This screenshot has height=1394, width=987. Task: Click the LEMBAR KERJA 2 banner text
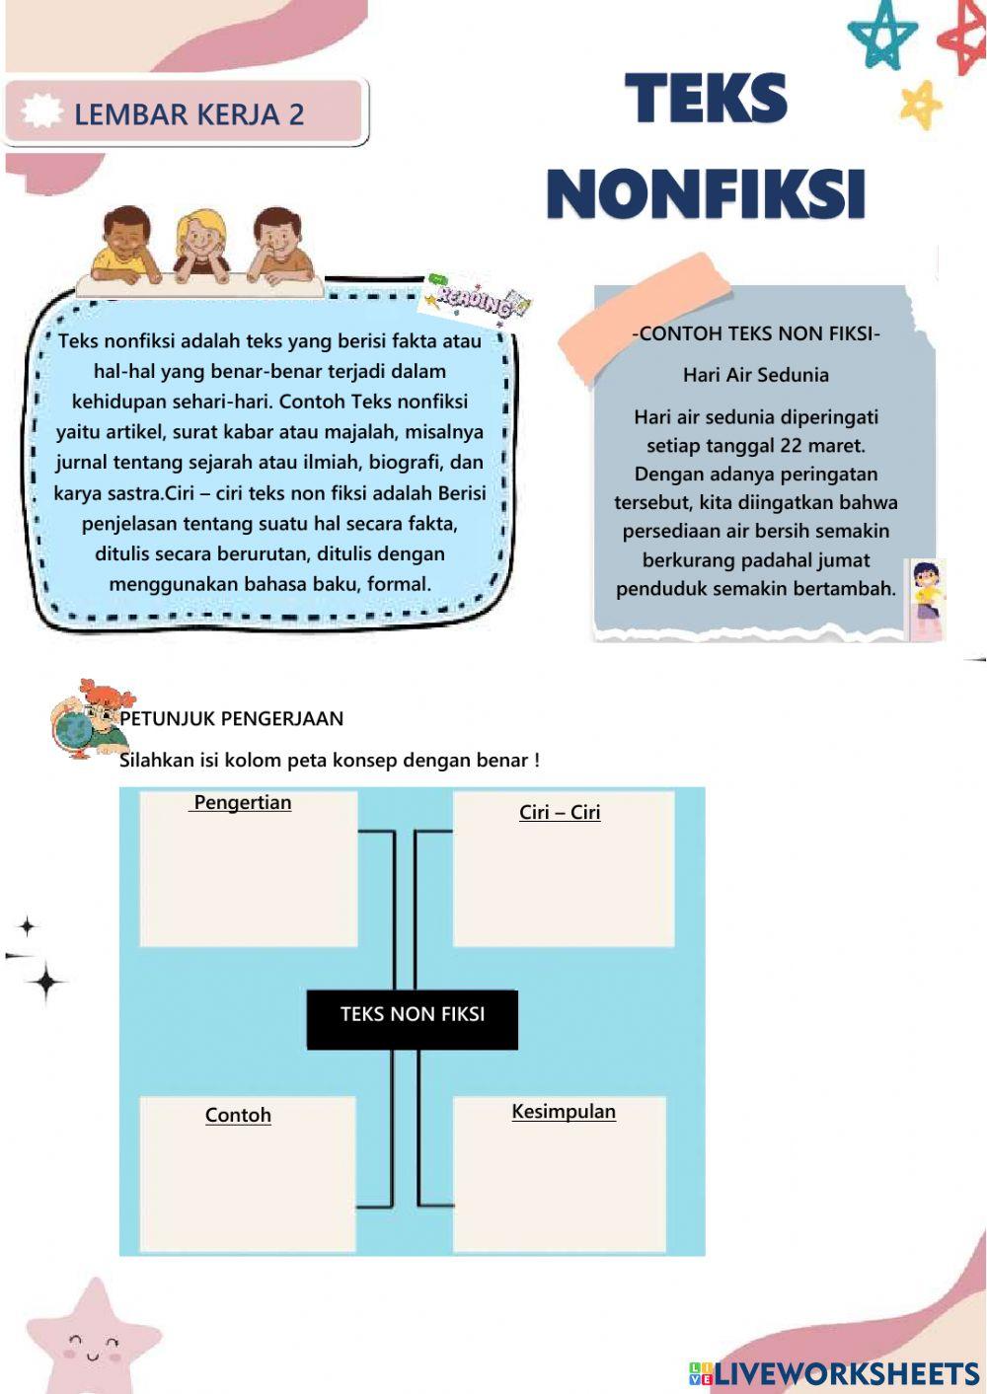click(x=189, y=114)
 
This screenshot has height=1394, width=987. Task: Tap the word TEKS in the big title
click(x=707, y=99)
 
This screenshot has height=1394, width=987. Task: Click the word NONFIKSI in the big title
click(x=706, y=193)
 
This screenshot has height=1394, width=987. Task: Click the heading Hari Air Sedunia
click(x=756, y=375)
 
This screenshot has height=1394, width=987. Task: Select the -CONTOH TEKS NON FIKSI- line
click(x=756, y=333)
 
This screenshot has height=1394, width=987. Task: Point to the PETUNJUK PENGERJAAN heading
click(x=232, y=718)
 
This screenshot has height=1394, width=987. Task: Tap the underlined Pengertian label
click(x=242, y=802)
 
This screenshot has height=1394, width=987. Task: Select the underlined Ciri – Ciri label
click(x=560, y=812)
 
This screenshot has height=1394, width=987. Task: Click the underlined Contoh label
click(x=238, y=1115)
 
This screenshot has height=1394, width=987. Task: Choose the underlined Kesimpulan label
click(x=564, y=1111)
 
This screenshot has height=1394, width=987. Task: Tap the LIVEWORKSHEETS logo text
click(x=845, y=1374)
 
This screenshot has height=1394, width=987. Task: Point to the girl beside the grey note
click(x=926, y=598)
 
